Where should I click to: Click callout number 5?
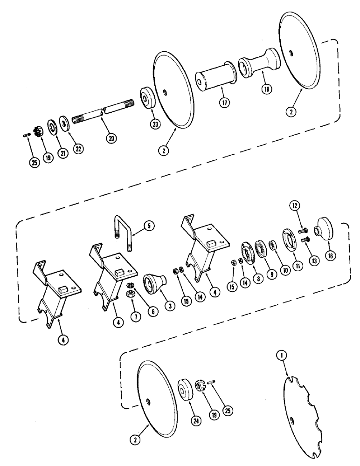pos(149,226)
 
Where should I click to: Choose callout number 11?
pos(297,268)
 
